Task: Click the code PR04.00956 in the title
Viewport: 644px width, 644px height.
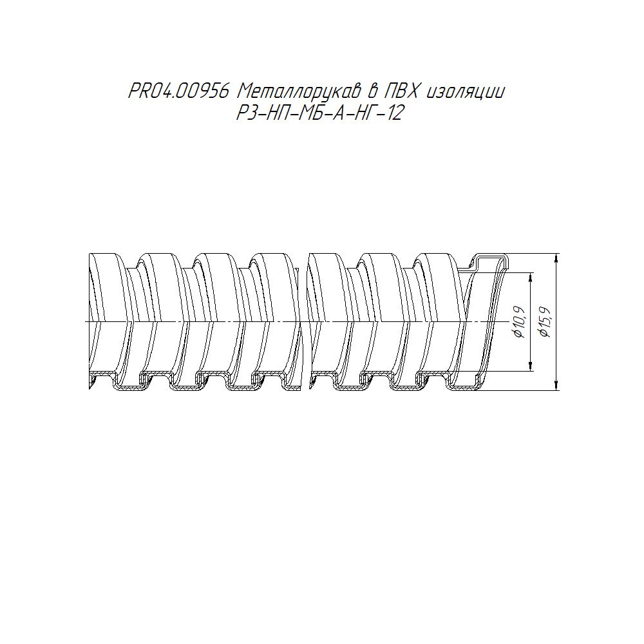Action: [178, 91]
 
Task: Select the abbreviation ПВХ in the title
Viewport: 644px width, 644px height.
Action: [401, 91]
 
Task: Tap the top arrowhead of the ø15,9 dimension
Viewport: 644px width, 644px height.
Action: [556, 259]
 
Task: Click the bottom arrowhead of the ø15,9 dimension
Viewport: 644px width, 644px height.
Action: [556, 385]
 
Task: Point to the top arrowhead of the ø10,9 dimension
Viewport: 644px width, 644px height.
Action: [531, 277]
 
